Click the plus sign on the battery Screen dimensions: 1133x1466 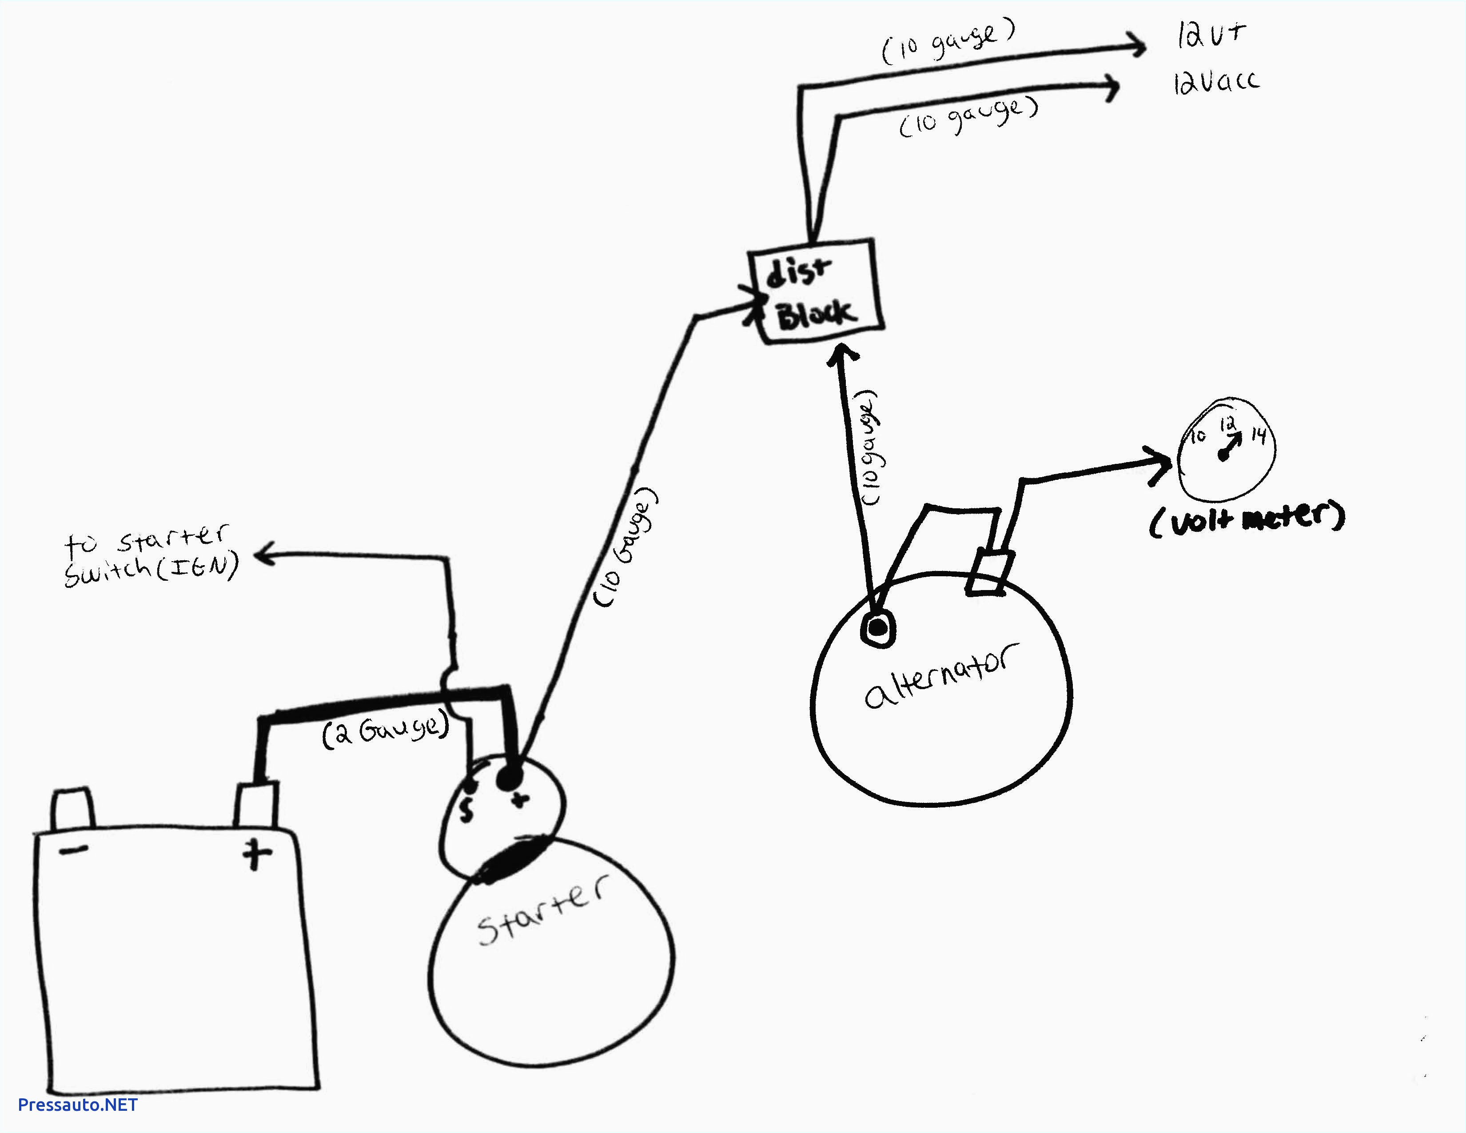click(x=256, y=854)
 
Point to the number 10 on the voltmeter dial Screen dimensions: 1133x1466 click(x=1198, y=437)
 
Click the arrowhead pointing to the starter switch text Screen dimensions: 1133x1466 click(x=263, y=555)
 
